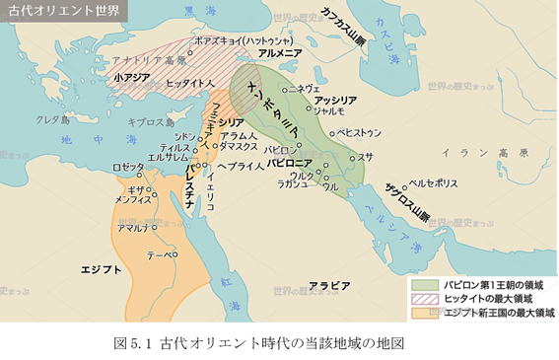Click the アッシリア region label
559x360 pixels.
(x=334, y=101)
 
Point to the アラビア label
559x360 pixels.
(x=328, y=285)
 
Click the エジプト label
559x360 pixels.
(x=101, y=268)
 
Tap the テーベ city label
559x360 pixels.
(x=160, y=254)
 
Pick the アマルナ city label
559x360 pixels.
(x=132, y=228)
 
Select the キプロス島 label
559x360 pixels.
(x=150, y=121)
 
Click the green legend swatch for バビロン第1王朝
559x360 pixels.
(x=424, y=283)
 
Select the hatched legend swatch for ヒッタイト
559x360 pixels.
(x=424, y=298)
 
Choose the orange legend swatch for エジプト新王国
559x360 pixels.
(x=424, y=313)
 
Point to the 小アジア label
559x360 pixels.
(x=130, y=76)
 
